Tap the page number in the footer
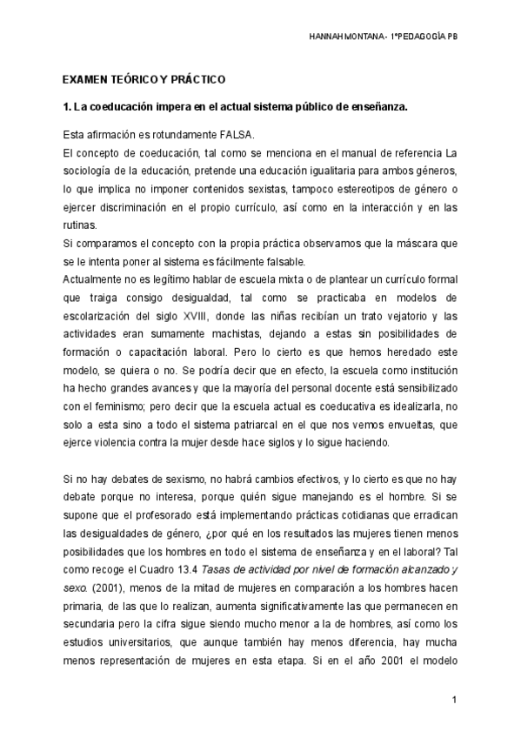454,699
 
